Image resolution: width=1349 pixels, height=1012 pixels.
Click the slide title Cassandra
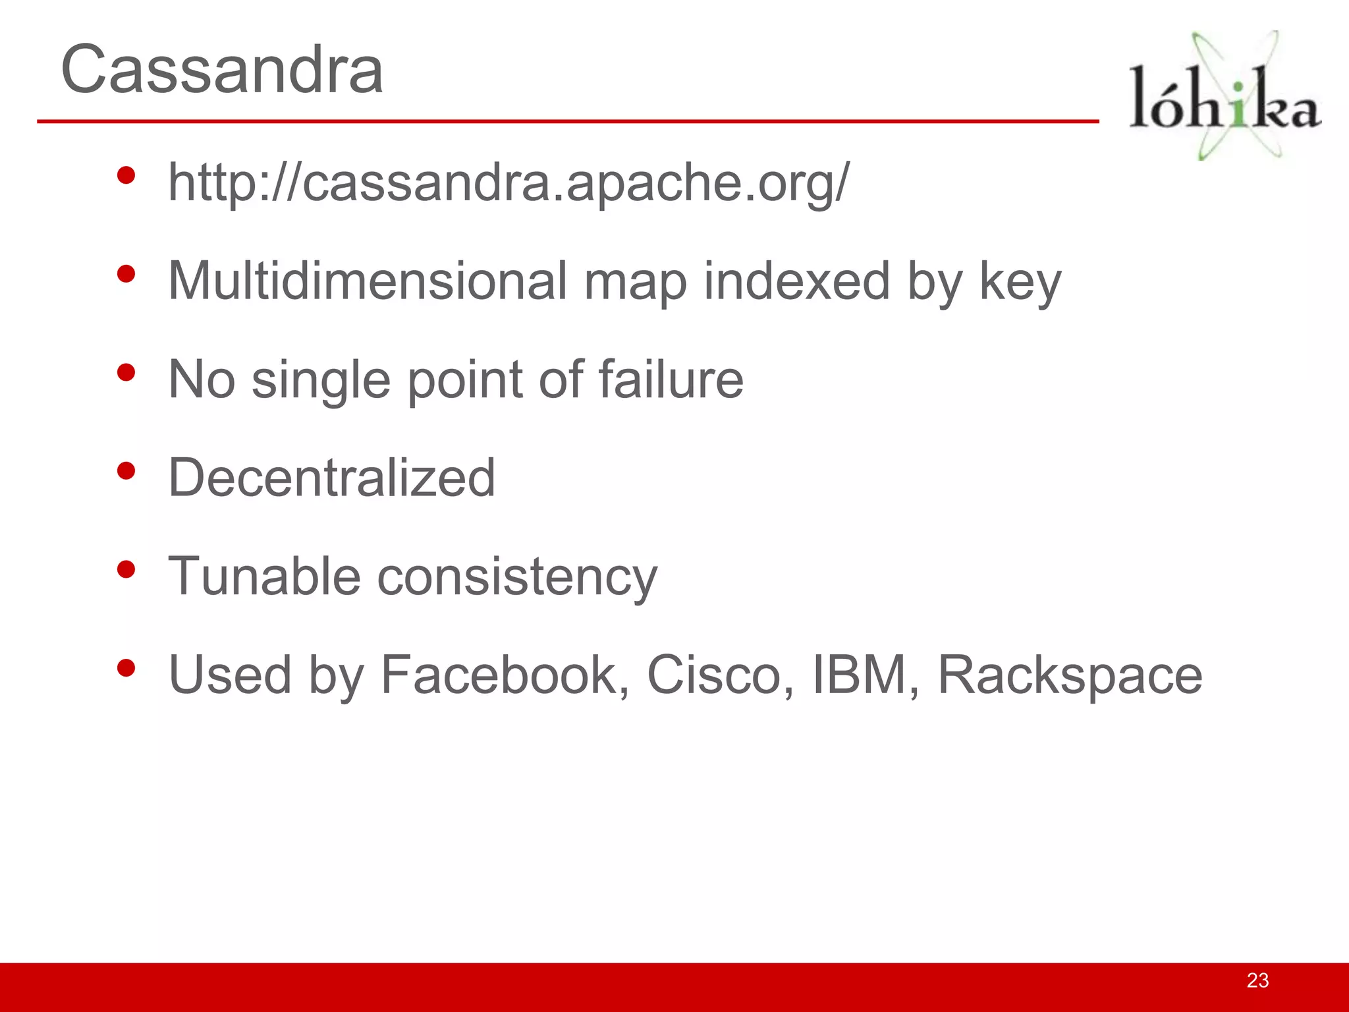222,69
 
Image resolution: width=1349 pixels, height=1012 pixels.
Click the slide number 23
1257,980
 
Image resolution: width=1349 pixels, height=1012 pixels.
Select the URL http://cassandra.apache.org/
509,182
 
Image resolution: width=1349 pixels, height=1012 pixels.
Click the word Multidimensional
367,281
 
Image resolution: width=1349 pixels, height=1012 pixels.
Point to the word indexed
796,281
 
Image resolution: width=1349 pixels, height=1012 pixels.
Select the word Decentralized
332,478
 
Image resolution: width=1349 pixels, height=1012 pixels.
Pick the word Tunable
264,576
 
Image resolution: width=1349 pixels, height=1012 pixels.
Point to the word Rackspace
1070,676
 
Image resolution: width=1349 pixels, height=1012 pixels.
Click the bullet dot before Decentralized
126,470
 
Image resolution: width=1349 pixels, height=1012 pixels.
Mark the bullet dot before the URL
126,175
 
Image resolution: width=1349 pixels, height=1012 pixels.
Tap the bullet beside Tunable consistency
126,569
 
